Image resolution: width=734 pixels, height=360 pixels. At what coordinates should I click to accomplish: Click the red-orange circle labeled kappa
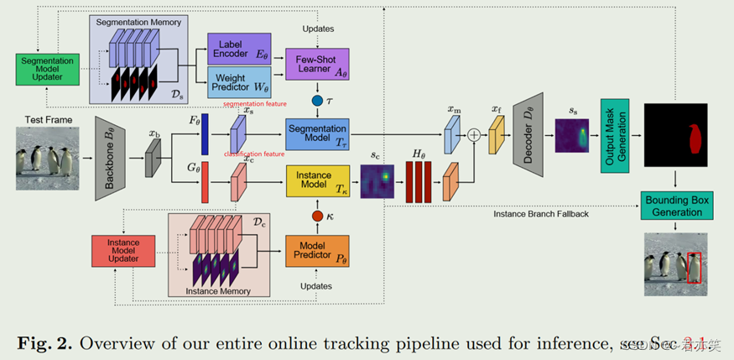pos(317,217)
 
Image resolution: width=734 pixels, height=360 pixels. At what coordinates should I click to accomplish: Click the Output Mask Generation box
pos(614,136)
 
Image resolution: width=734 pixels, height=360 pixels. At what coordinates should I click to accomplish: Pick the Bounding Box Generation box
pos(675,206)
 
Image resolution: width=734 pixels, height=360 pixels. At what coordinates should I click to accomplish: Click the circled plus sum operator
pos(475,134)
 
